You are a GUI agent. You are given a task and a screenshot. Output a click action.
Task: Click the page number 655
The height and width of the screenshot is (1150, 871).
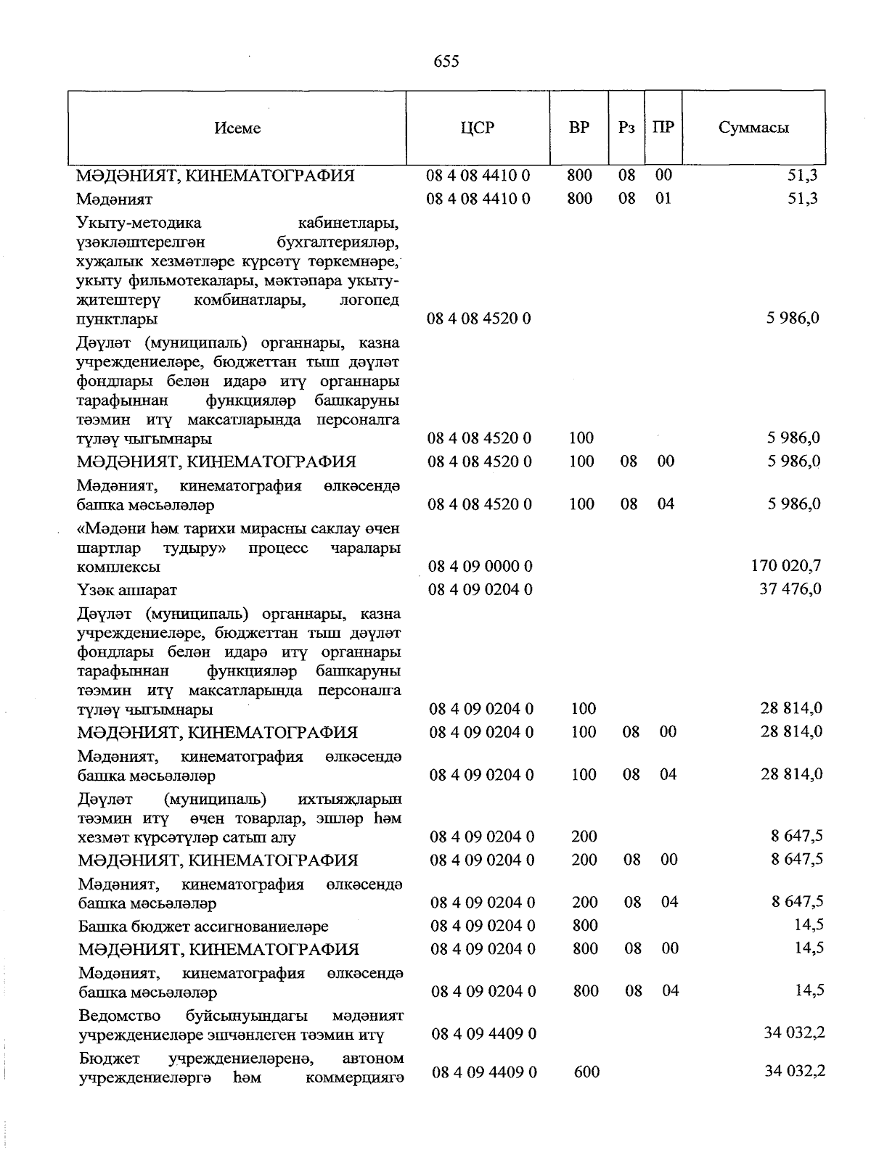pyautogui.click(x=446, y=62)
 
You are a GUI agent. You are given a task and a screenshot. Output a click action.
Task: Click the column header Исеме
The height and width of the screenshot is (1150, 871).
pyautogui.click(x=237, y=128)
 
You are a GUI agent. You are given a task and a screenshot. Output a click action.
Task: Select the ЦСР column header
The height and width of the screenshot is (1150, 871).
pyautogui.click(x=477, y=128)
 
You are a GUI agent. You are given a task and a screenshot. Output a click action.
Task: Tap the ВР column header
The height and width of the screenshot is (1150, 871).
pyautogui.click(x=579, y=128)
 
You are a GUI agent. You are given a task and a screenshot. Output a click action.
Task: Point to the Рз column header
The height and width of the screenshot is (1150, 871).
pyautogui.click(x=626, y=128)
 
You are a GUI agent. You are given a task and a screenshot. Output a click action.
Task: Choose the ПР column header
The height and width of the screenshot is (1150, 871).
pyautogui.click(x=663, y=128)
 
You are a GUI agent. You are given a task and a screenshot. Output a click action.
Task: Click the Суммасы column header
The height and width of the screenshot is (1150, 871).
pyautogui.click(x=753, y=128)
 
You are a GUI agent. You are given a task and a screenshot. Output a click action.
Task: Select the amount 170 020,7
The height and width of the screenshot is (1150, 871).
pyautogui.click(x=786, y=565)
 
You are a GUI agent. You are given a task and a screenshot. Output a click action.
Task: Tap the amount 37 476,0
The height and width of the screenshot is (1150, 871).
pyautogui.click(x=790, y=588)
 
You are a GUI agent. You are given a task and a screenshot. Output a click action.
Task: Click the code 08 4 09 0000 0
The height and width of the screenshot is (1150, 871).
pyautogui.click(x=480, y=566)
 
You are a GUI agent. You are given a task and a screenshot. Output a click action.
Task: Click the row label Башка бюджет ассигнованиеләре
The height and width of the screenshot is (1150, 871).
pyautogui.click(x=203, y=927)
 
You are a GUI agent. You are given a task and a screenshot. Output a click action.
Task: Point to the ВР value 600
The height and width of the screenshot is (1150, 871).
pyautogui.click(x=586, y=1072)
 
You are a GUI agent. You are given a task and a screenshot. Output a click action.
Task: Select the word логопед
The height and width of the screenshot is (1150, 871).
pyautogui.click(x=369, y=300)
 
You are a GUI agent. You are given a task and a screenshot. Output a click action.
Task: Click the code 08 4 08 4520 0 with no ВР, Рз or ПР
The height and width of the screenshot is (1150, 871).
pyautogui.click(x=478, y=319)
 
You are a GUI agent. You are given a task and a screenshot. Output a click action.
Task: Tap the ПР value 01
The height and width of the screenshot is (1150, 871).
pyautogui.click(x=663, y=198)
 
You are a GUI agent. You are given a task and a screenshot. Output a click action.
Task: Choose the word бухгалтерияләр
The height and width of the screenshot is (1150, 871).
pyautogui.click(x=338, y=241)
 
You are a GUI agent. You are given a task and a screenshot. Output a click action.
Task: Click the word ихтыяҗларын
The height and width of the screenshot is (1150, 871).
pyautogui.click(x=350, y=800)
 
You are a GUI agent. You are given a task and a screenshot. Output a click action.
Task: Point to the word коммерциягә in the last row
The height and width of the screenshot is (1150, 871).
pyautogui.click(x=354, y=1078)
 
